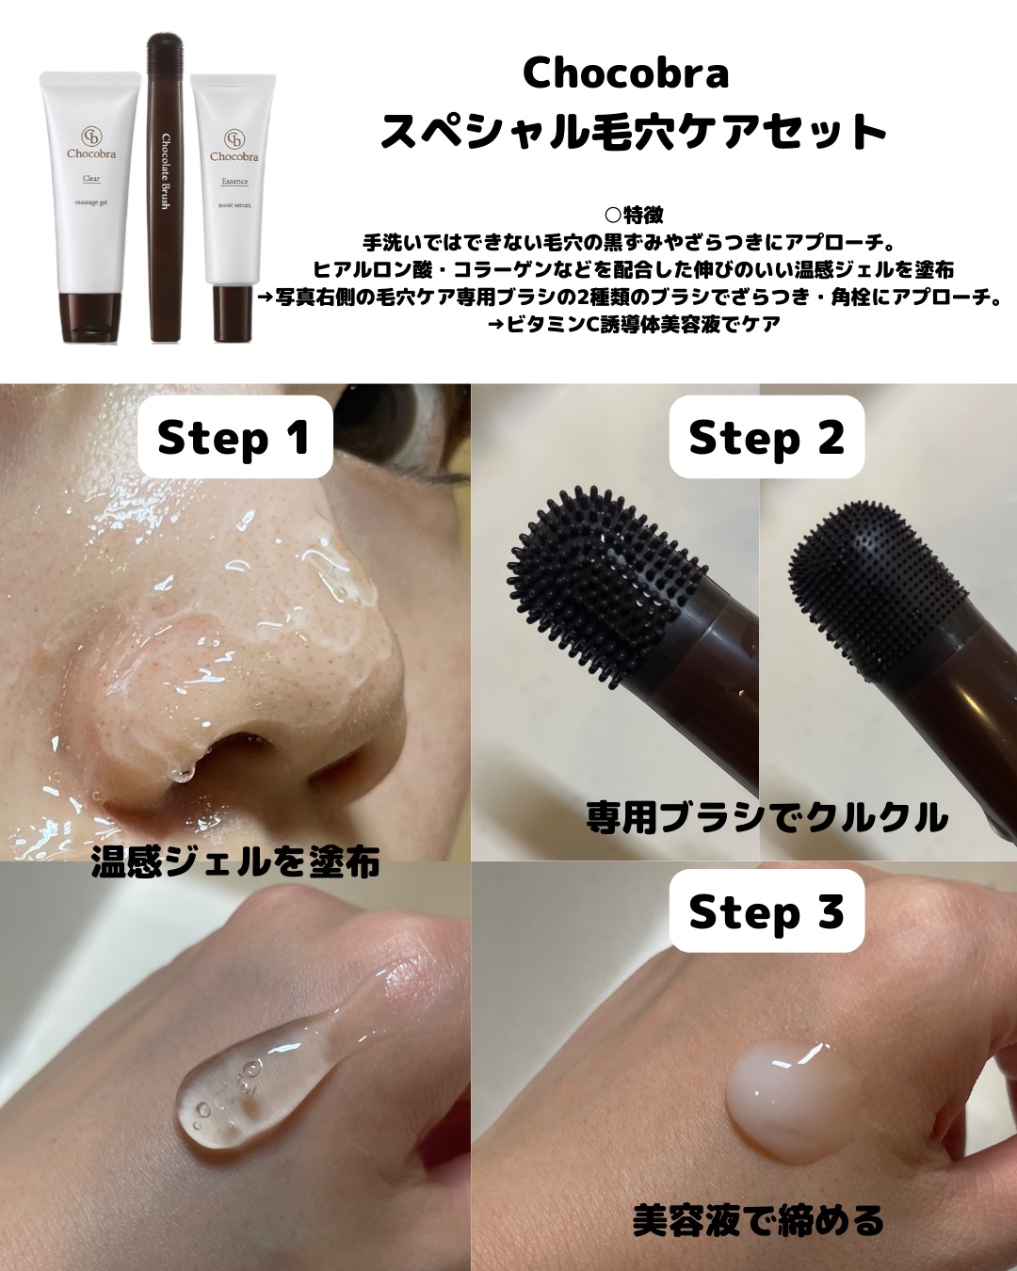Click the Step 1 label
(234, 438)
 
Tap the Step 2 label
(766, 438)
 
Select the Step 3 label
(766, 911)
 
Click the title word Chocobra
(625, 73)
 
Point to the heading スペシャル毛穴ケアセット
(633, 131)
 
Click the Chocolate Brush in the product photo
(166, 188)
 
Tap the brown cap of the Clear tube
(91, 316)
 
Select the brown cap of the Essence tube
(232, 313)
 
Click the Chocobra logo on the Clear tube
(91, 143)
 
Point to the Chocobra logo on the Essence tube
(234, 147)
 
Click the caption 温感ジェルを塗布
(235, 861)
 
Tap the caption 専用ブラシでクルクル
(767, 817)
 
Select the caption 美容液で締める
(758, 1220)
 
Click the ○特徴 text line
(633, 216)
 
